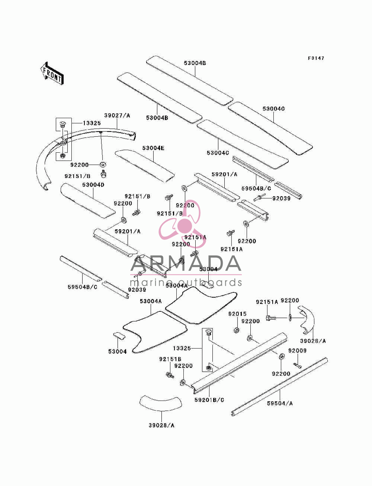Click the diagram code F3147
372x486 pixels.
[316, 58]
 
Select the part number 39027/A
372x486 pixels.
[117, 116]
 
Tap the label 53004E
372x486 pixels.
[153, 148]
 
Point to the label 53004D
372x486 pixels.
[93, 185]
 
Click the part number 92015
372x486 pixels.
[237, 314]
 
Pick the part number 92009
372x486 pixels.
[297, 350]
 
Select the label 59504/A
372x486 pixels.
[280, 404]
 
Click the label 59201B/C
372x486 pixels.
[209, 400]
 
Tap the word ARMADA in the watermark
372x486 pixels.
[186, 263]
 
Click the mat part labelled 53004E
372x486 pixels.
[145, 166]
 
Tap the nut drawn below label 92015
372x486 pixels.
[237, 330]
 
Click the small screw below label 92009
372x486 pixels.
[298, 366]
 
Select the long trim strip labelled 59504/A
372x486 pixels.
[279, 387]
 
